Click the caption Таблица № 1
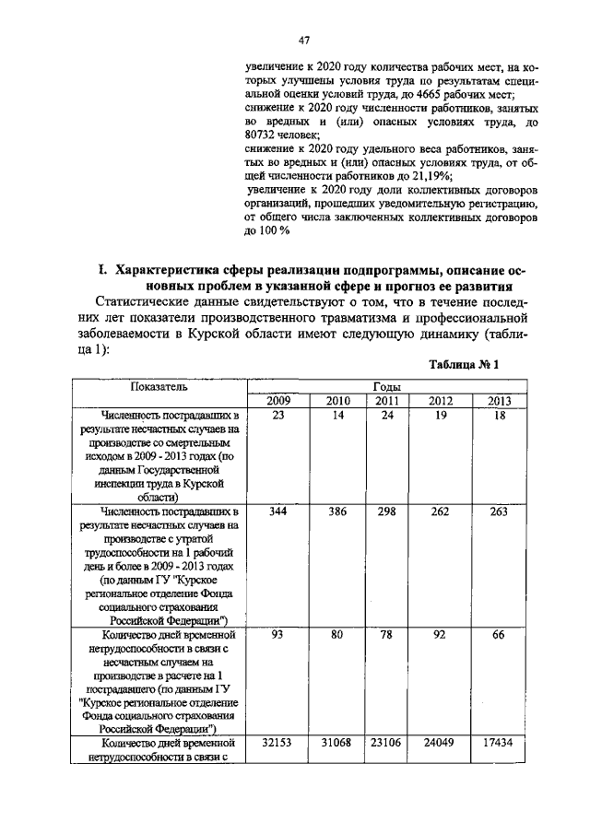(x=464, y=365)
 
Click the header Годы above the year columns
(x=385, y=388)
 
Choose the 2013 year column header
(x=499, y=401)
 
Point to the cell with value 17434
(x=499, y=742)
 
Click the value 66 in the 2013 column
(x=499, y=635)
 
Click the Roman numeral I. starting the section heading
(x=104, y=270)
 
